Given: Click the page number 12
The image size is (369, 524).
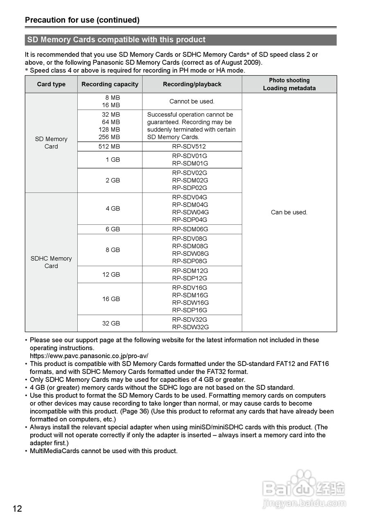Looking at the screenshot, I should click(x=17, y=509).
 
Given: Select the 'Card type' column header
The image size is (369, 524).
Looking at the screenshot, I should click(x=51, y=84).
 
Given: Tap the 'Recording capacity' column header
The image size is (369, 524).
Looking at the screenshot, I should click(x=110, y=84).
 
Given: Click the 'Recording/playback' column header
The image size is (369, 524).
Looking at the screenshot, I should click(x=192, y=84).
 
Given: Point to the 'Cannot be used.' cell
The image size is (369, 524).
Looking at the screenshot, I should click(x=192, y=102).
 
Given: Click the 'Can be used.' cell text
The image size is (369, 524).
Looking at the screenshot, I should click(x=289, y=212).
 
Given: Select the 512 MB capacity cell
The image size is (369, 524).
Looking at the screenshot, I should click(x=109, y=147).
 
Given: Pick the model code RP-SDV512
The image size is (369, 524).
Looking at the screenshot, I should click(x=189, y=147).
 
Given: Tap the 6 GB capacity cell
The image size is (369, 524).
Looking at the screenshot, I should click(x=112, y=229).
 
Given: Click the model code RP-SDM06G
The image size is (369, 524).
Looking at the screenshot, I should click(x=190, y=229).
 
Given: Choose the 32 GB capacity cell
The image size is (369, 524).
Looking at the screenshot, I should click(x=111, y=323).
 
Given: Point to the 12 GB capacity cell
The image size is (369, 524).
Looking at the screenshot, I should click(x=111, y=275).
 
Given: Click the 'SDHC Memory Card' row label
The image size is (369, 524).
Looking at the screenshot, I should click(x=51, y=262).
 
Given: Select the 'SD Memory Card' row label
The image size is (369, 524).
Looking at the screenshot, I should click(x=51, y=143).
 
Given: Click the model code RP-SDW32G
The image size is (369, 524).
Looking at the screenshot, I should click(x=190, y=327).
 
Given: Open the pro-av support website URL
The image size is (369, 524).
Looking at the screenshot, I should click(x=89, y=356).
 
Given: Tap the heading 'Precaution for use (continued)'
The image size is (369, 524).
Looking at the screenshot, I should click(x=82, y=20).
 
